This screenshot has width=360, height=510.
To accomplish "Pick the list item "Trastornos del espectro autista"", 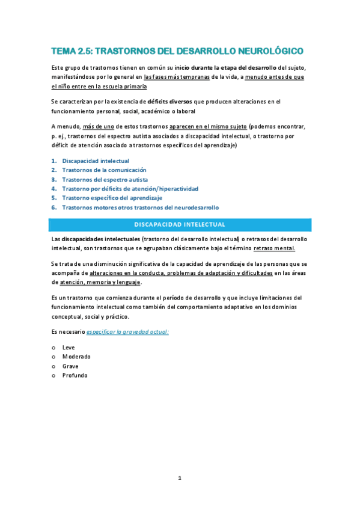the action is pyautogui.click(x=105, y=179).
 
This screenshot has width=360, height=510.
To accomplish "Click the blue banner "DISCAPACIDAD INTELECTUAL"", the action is pyautogui.click(x=180, y=224).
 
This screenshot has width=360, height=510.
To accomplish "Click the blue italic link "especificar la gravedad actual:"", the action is pyautogui.click(x=127, y=331).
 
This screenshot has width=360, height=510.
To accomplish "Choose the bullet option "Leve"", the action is pyautogui.click(x=68, y=348).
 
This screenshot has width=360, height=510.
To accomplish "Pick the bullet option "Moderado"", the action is pyautogui.click(x=76, y=357).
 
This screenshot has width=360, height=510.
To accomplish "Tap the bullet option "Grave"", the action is pyautogui.click(x=70, y=366).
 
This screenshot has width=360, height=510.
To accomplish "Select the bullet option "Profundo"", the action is pyautogui.click(x=75, y=375).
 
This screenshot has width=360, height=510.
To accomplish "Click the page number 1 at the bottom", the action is pyautogui.click(x=180, y=478).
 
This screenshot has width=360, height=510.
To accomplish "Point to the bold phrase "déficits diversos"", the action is pyautogui.click(x=169, y=102).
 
